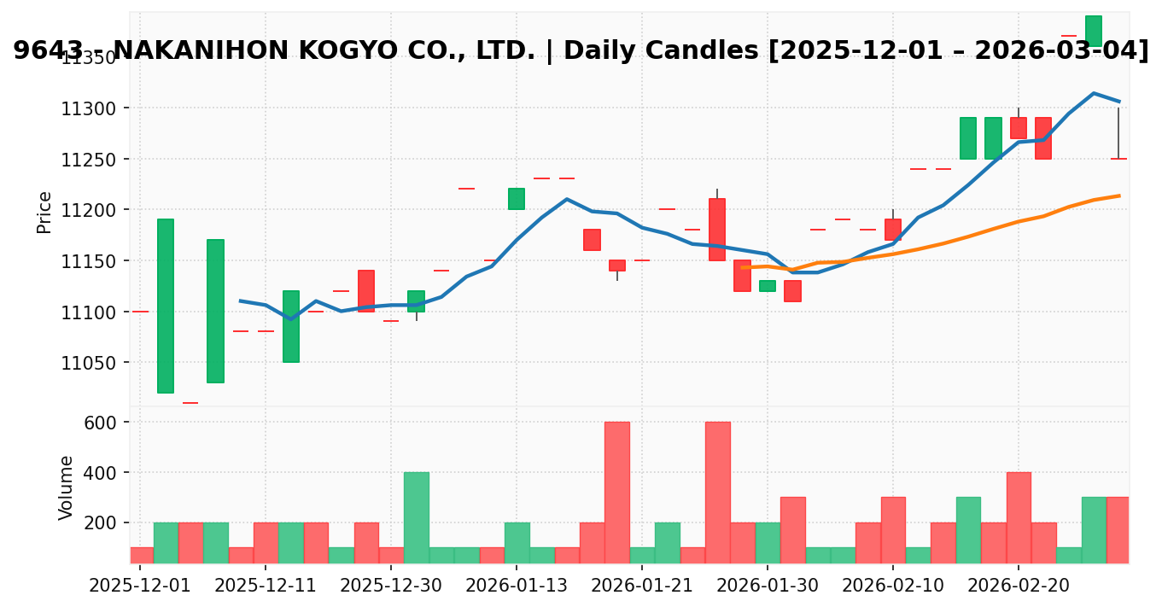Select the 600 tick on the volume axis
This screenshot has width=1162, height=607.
106,423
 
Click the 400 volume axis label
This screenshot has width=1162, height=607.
106,473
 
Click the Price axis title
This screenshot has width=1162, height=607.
44,212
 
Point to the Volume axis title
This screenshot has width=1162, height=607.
66,487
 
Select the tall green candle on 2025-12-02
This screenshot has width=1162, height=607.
165,306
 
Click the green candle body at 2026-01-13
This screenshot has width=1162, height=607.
517,199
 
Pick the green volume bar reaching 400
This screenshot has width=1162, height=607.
417,517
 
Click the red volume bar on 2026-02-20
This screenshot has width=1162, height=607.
1019,517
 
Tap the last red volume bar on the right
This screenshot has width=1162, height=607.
1118,530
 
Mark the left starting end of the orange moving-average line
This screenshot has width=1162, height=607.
743,267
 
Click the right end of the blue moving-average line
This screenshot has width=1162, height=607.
1118,102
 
